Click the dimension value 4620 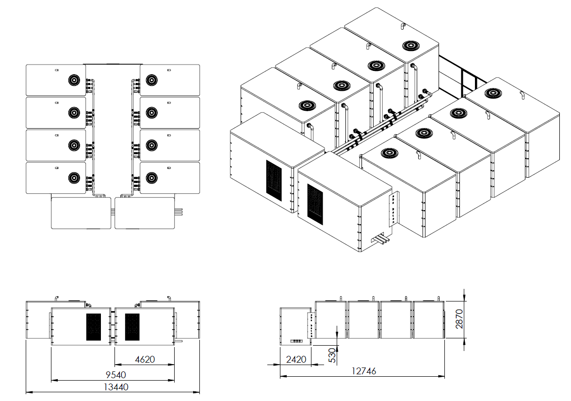(x=145, y=359)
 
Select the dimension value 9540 (x=116, y=375)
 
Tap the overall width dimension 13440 (x=116, y=387)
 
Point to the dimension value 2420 (x=296, y=359)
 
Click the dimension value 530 (x=332, y=355)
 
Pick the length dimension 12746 (x=364, y=371)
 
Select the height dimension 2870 (x=459, y=319)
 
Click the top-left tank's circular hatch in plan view (x=74, y=80)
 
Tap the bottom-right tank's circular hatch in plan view (x=151, y=178)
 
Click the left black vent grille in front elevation (x=94, y=327)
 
